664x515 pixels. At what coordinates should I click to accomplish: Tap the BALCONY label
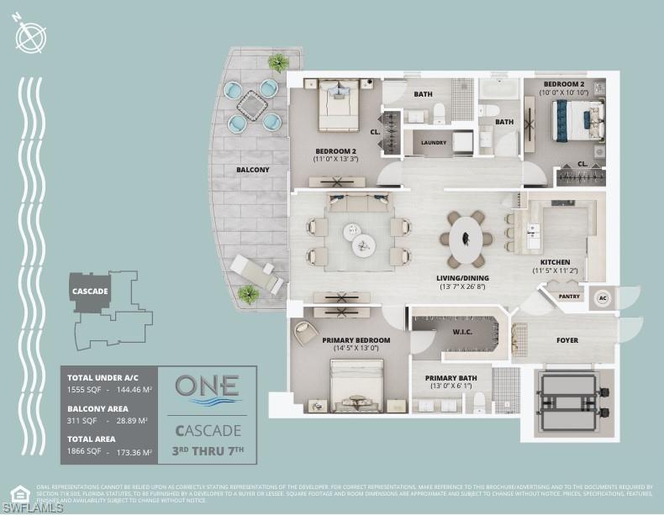coord(252,170)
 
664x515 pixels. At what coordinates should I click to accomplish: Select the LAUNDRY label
coord(434,143)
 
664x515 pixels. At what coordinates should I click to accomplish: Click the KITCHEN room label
coord(556,262)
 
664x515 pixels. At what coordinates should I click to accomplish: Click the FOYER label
coord(567,340)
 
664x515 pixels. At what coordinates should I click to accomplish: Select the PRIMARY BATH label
coord(451,378)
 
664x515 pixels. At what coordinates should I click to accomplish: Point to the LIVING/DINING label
coord(463,278)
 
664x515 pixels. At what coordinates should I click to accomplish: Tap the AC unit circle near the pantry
coord(603,298)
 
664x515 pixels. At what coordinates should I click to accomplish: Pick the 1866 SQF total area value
coord(82,452)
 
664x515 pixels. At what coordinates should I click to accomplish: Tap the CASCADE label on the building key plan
coord(90,292)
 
